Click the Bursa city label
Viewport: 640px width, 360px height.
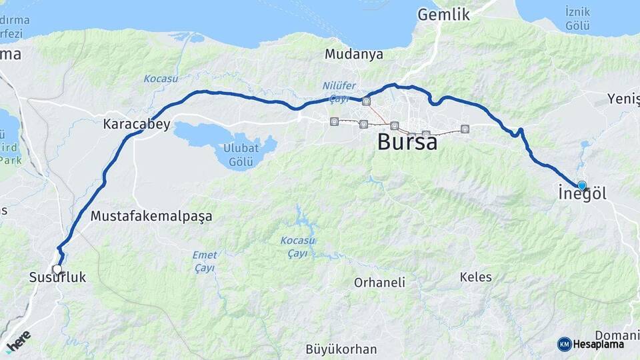point(407,141)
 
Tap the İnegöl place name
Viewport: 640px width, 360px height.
point(581,195)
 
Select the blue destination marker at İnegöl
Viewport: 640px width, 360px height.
point(582,185)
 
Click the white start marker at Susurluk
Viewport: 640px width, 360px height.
point(57,270)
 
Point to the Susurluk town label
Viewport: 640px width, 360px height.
point(58,277)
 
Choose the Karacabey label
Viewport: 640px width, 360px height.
point(137,124)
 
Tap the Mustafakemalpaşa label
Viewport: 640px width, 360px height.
point(151,216)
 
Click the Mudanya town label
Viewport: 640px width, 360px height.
point(355,55)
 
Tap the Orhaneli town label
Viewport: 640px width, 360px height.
point(379,282)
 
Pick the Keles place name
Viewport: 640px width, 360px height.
point(475,277)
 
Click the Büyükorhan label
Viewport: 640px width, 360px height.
point(341,349)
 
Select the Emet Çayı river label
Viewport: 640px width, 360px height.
point(205,261)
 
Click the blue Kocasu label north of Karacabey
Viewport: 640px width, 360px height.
point(159,79)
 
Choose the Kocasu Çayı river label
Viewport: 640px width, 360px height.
point(297,247)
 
